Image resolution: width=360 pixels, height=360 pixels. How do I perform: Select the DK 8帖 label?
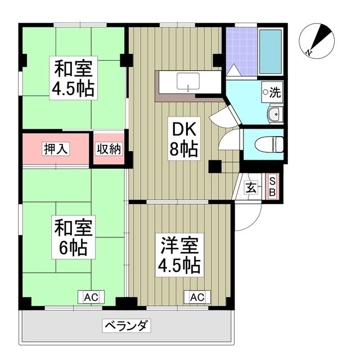(x=183, y=139)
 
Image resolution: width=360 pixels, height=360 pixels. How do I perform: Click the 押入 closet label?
(x=56, y=149)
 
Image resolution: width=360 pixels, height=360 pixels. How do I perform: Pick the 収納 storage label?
(x=109, y=149)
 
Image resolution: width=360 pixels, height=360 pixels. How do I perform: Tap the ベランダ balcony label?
(x=127, y=325)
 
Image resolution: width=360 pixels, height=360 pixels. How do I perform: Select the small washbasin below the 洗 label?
(x=273, y=115)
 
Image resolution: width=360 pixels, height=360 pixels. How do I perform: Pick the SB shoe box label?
(x=272, y=186)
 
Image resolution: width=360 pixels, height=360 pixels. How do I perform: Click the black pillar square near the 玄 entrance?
(x=214, y=166)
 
